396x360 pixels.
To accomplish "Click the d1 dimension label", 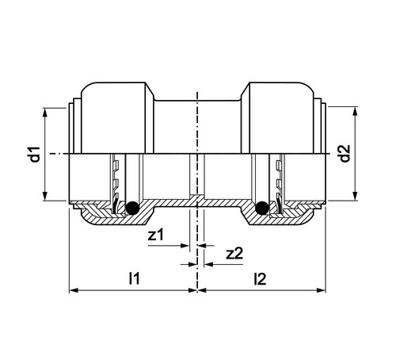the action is (x=35, y=154).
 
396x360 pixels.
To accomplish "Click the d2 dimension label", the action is (x=345, y=154).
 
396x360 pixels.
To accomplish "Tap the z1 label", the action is (x=156, y=235).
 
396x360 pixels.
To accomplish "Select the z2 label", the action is (x=234, y=254).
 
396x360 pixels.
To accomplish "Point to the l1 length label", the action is (x=134, y=278).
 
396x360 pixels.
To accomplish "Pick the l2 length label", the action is (x=260, y=279).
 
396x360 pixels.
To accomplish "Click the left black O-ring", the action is (x=132, y=208).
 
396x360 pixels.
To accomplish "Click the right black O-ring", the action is (x=262, y=208).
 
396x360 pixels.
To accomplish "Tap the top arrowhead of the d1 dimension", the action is (x=45, y=112).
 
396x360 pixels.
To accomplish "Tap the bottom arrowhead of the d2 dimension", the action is (x=356, y=196).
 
